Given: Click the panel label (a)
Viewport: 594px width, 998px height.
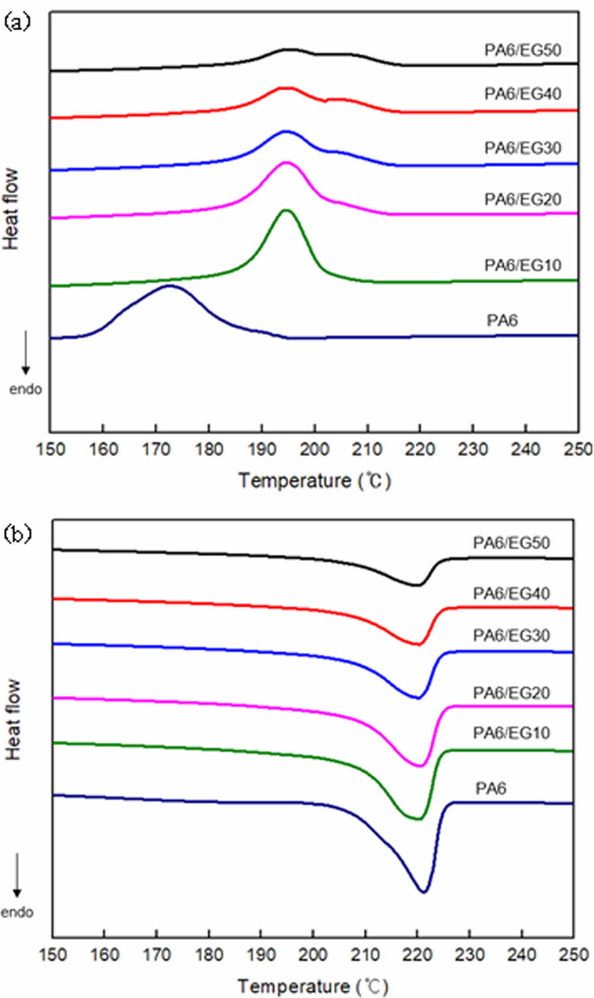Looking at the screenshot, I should coord(17,22).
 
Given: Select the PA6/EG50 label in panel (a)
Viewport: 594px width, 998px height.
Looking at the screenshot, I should coord(523,50).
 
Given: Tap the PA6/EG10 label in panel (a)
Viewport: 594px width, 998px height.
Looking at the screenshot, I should coord(523,265).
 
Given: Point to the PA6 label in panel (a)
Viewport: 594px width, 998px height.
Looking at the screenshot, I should coord(502,320).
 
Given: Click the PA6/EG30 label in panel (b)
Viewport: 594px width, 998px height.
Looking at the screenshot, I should coord(511,635).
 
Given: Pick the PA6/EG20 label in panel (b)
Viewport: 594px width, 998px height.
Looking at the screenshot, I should coord(511,693).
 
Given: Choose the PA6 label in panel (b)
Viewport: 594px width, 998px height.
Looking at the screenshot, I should coord(490,788).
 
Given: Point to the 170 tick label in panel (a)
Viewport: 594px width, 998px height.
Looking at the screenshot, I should coord(156,449).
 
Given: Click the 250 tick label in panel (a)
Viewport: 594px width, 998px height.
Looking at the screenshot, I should coord(578,449).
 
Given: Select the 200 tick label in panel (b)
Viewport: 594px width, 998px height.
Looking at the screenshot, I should coord(313,954).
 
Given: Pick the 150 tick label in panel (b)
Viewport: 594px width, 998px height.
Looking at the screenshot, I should coord(53,954).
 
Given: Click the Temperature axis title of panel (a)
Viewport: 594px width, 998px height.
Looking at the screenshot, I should coord(314,481).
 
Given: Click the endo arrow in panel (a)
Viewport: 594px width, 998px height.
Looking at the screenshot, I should coord(26,353).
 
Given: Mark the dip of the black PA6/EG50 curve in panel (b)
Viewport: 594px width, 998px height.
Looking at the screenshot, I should coord(417,585).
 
